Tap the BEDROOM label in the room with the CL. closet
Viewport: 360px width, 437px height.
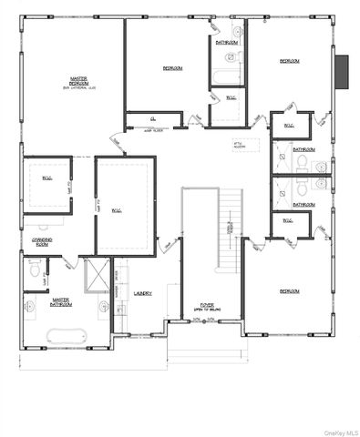tap(173, 68)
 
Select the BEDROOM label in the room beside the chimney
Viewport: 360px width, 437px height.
tap(289, 60)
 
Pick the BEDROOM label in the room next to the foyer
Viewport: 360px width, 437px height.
tap(289, 290)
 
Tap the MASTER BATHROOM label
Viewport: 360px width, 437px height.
tap(62, 300)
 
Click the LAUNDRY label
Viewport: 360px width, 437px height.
tap(141, 293)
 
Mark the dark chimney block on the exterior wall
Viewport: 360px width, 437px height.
tap(342, 72)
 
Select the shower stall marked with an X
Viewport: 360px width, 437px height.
tap(96, 272)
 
